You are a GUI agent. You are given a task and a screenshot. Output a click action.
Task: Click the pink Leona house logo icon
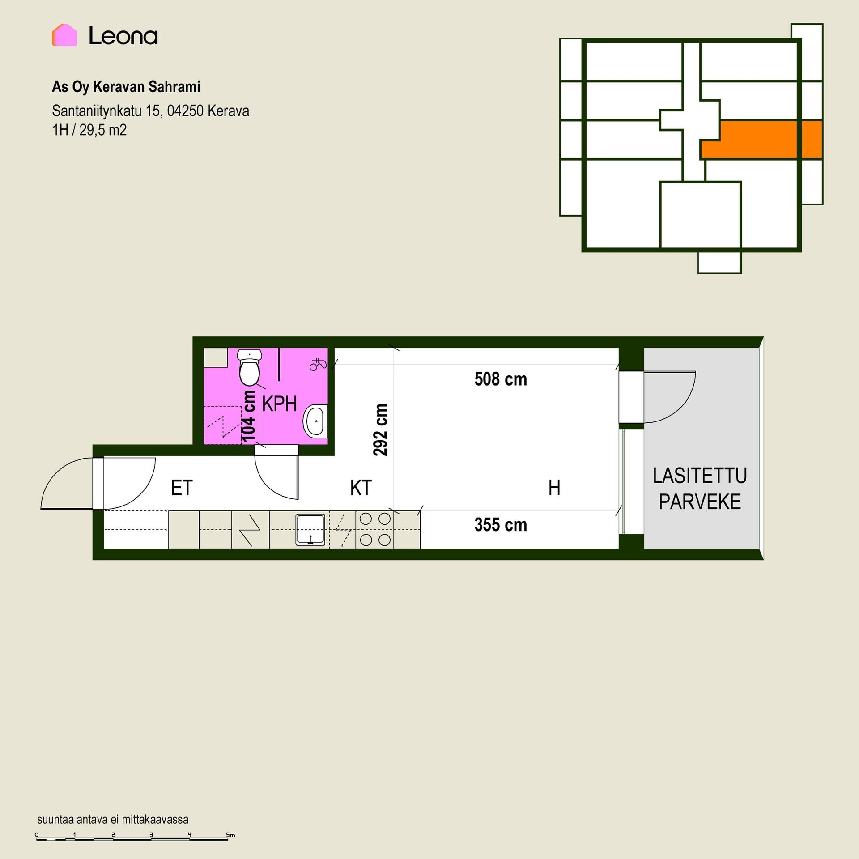(x=64, y=35)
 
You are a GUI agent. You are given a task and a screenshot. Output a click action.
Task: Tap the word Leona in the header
(x=123, y=36)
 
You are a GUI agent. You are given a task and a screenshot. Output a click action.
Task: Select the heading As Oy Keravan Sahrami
(x=126, y=87)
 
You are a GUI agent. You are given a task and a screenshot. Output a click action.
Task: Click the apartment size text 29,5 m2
(x=103, y=130)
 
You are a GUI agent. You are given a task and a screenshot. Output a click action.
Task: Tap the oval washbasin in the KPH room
(x=316, y=421)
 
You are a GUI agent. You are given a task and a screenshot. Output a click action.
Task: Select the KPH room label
(x=279, y=404)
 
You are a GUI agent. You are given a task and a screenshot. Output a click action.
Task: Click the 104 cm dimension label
(x=248, y=416)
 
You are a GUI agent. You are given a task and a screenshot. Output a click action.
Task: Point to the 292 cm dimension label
(x=380, y=429)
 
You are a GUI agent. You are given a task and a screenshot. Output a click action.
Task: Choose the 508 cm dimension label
(x=501, y=379)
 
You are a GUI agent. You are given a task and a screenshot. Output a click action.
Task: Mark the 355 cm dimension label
(x=501, y=525)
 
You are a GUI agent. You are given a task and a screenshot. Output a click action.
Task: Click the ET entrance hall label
(x=182, y=488)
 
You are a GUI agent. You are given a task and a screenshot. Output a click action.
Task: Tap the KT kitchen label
(x=361, y=488)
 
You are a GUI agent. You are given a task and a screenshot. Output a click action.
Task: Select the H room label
(x=554, y=488)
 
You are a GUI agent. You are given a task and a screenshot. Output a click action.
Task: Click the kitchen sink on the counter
(x=310, y=530)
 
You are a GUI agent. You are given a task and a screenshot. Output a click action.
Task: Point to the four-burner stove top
(x=375, y=530)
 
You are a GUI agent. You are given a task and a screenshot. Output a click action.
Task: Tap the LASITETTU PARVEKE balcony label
(x=700, y=489)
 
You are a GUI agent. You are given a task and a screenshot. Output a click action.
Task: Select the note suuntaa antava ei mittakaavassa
(x=113, y=820)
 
